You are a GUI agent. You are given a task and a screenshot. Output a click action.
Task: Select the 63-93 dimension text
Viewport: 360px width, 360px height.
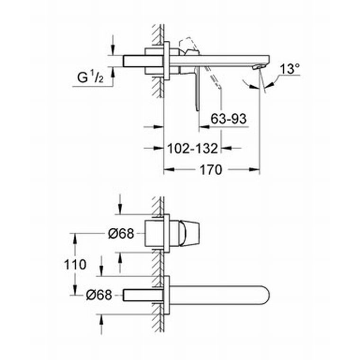pyautogui.click(x=228, y=119)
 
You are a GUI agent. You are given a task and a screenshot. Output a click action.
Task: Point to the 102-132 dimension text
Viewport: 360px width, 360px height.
pyautogui.click(x=192, y=148)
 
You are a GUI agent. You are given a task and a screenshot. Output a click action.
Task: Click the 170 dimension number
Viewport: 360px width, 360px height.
pyautogui.click(x=211, y=170)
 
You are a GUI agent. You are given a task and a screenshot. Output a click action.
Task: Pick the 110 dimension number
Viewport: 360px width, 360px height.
pyautogui.click(x=75, y=264)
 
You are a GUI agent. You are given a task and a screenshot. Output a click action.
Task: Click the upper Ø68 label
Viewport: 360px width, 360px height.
pyautogui.click(x=121, y=234)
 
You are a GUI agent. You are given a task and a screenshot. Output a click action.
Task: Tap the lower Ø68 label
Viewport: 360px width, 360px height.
pyautogui.click(x=99, y=295)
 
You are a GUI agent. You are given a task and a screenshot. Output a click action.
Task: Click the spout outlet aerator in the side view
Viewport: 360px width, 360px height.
pyautogui.click(x=257, y=67)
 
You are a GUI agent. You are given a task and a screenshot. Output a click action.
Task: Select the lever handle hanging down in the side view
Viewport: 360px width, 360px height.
pyautogui.click(x=197, y=89)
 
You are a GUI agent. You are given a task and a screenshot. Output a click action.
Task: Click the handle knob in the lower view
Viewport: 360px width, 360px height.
pyautogui.click(x=189, y=234)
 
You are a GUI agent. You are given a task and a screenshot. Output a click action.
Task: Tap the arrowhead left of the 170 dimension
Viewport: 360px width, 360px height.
pyautogui.click(x=169, y=170)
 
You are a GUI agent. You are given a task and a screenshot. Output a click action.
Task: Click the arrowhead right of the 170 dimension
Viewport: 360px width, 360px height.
pyautogui.click(x=255, y=170)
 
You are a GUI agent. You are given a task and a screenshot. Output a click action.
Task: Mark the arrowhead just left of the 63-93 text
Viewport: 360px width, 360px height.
pyautogui.click(x=204, y=126)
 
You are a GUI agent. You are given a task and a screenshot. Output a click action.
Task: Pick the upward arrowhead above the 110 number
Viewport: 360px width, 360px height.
pyautogui.click(x=75, y=239)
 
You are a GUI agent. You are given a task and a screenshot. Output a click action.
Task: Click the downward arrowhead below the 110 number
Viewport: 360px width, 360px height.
pyautogui.click(x=75, y=290)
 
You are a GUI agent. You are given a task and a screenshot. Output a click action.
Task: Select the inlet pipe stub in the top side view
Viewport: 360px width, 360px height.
pyautogui.click(x=134, y=61)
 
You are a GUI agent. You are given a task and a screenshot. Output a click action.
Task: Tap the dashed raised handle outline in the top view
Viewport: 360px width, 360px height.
pyautogui.click(x=188, y=45)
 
